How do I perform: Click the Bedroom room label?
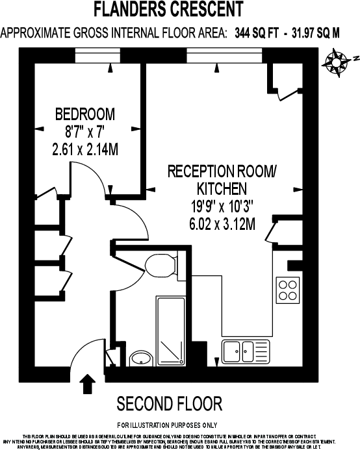(85, 115)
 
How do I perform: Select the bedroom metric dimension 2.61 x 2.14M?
(85, 149)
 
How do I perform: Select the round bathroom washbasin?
(140, 358)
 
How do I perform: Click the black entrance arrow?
(86, 383)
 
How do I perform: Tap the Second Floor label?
(169, 404)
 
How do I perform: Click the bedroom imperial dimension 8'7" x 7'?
(85, 132)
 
